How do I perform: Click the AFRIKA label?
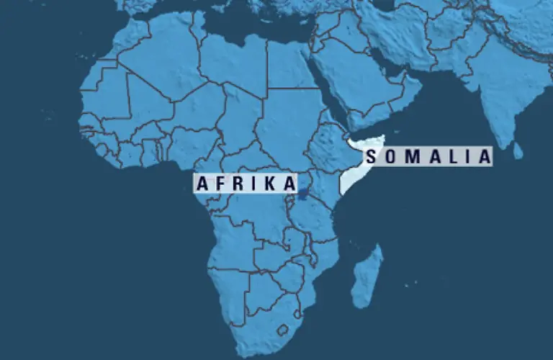pos(246,183)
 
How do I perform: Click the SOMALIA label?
pos(428,156)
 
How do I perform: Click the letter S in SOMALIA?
pos(371,156)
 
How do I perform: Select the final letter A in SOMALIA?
pos(484,156)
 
